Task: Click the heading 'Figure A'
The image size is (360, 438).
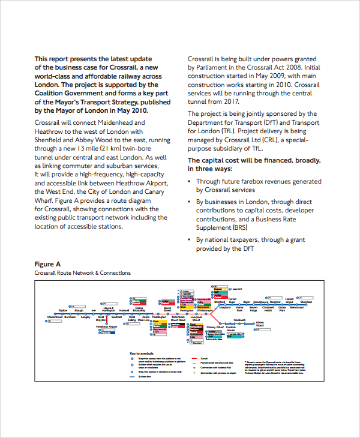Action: pos(47,264)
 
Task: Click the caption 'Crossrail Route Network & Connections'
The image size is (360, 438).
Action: pos(82,273)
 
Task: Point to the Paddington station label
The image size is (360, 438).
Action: pos(160,317)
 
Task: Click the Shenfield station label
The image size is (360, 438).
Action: pos(306,302)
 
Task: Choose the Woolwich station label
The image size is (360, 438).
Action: pos(240,320)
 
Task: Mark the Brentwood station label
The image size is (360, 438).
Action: pos(296,310)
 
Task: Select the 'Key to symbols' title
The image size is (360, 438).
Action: pos(142,353)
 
